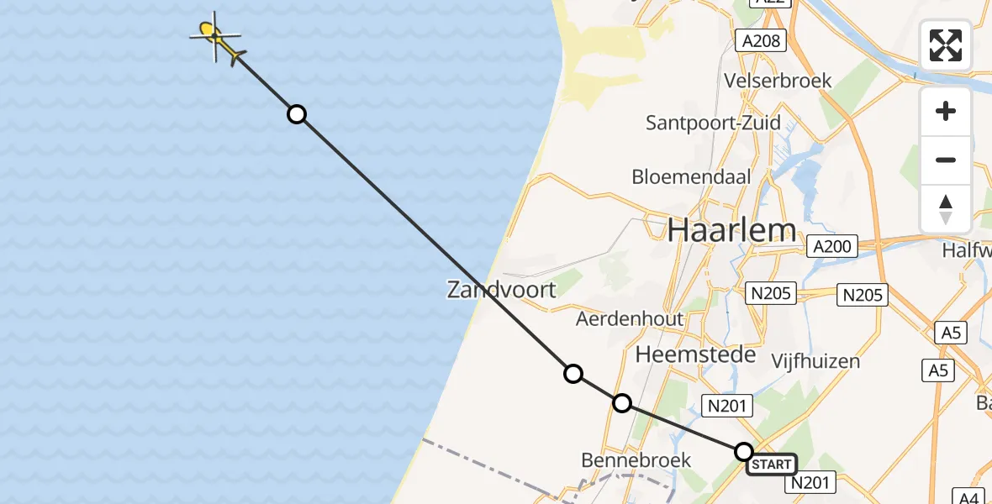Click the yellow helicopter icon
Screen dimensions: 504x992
tap(215, 37)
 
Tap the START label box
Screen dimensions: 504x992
tap(771, 464)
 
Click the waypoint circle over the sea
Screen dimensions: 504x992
tap(297, 114)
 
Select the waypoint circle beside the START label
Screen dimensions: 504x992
tap(744, 452)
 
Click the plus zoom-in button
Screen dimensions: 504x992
tap(946, 111)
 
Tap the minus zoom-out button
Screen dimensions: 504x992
tap(946, 160)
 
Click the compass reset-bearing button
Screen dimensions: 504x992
tap(946, 209)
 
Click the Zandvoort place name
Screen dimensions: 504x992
tap(502, 291)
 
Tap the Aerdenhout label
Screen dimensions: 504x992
tap(630, 319)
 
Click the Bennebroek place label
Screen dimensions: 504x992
tap(636, 460)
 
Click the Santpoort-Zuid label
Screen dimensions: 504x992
tap(713, 123)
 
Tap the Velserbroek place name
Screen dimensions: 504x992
tap(778, 81)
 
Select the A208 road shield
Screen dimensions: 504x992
tap(762, 40)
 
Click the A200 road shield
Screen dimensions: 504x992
tap(832, 247)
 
